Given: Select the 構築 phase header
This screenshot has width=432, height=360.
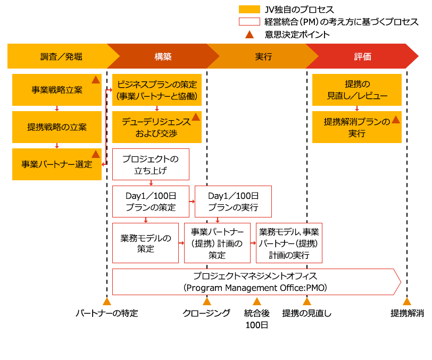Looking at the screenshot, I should click(163, 56).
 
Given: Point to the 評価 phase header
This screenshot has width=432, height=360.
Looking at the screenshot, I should click(363, 56).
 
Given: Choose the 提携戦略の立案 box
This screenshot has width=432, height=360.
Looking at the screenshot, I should click(56, 127).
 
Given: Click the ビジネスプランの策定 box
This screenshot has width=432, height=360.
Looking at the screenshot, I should click(157, 90).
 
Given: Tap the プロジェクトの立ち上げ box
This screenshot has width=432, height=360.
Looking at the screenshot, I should click(151, 164).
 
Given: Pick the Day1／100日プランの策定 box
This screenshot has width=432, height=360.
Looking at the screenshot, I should click(151, 202).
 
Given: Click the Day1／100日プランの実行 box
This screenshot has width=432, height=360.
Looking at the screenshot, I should click(233, 202).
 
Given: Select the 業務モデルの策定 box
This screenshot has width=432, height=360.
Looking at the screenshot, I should click(145, 243).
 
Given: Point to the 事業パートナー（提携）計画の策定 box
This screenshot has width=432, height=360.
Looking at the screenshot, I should click(217, 243).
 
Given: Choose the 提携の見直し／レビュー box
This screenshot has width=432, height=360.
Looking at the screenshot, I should click(356, 90).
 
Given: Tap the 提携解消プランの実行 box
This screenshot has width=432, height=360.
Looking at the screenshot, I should click(356, 127).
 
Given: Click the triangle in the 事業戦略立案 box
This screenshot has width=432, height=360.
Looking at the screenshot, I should click(96, 80).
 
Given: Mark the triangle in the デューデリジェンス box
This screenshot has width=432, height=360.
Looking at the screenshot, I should click(196, 117).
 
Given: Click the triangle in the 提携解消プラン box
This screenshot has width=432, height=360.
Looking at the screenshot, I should click(395, 120).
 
